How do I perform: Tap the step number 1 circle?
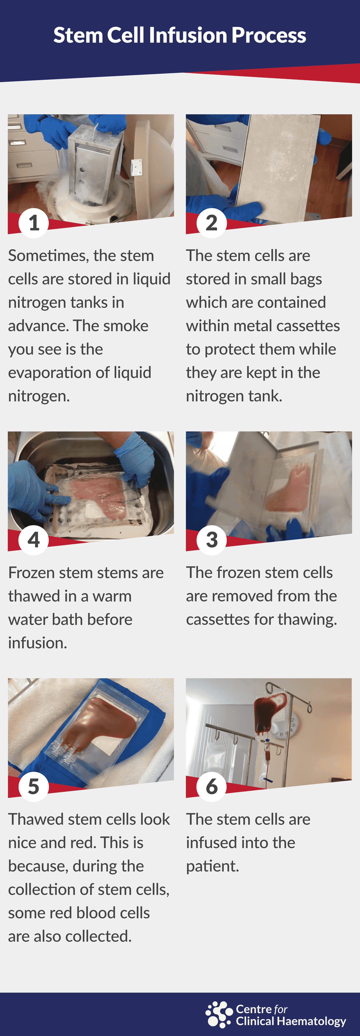tap(34, 223)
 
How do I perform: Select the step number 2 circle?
tap(211, 223)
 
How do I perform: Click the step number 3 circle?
tap(211, 540)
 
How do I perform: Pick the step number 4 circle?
tap(34, 540)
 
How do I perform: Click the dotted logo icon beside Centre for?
tap(219, 1014)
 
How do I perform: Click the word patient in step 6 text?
tap(212, 866)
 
